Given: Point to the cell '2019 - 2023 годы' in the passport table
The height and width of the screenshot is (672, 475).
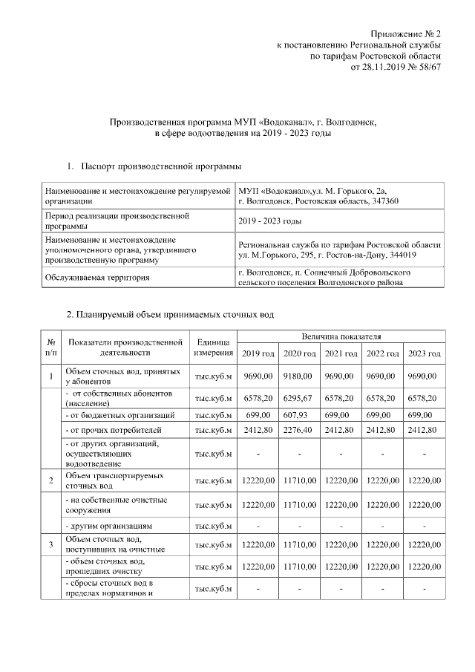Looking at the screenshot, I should click(x=269, y=221).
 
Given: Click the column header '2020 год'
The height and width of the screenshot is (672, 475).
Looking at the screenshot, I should click(x=300, y=353).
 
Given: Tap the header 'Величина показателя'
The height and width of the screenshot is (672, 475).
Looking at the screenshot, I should click(x=341, y=337).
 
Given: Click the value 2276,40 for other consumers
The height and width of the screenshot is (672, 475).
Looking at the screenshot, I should click(x=300, y=429).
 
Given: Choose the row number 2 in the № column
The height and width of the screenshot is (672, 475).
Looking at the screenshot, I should click(x=51, y=481).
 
